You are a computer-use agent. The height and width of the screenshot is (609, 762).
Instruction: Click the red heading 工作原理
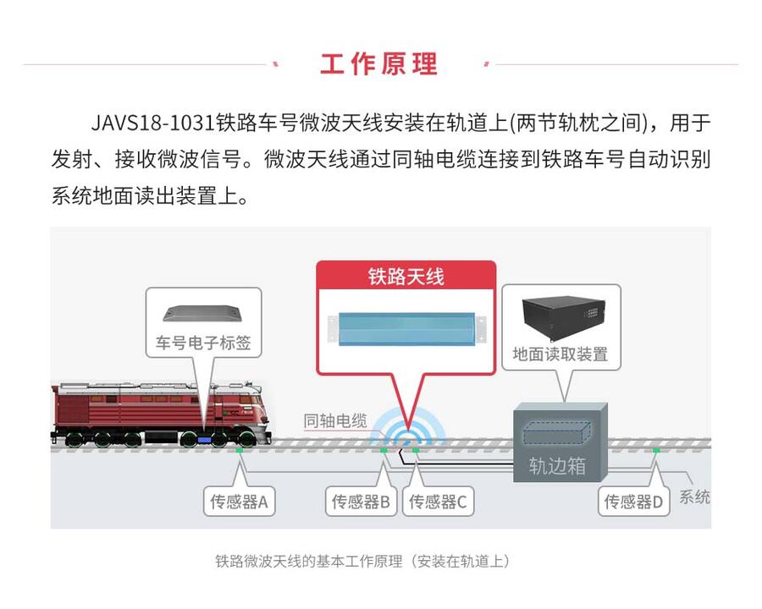[x=378, y=64]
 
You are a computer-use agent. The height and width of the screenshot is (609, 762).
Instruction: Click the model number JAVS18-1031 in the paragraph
[x=153, y=123]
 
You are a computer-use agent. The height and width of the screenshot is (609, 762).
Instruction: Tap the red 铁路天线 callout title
[x=406, y=277]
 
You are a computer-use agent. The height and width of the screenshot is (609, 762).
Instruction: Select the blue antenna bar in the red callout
[x=406, y=329]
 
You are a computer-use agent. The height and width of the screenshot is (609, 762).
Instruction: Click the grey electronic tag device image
[x=203, y=313]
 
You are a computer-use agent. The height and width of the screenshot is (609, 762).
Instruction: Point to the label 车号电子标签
[x=203, y=343]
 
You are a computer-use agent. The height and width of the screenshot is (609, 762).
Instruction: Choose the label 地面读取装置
[x=560, y=354]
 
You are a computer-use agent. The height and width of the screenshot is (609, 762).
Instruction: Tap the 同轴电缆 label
[x=335, y=420]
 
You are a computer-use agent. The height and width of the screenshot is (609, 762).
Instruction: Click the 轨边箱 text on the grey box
[x=557, y=465]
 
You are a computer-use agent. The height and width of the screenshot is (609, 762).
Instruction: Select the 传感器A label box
[x=239, y=502]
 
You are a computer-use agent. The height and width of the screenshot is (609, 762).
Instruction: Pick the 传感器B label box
[x=361, y=502]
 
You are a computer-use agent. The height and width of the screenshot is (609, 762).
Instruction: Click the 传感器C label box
[x=438, y=502]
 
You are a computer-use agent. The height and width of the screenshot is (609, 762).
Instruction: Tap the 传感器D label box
[x=633, y=502]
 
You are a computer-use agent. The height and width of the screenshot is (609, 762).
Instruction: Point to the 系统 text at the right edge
[x=694, y=497]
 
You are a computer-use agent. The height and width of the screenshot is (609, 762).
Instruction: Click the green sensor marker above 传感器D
[x=656, y=451]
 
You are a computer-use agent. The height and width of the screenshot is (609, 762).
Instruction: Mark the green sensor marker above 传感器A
[x=239, y=451]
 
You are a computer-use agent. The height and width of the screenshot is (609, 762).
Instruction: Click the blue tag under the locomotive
[x=204, y=440]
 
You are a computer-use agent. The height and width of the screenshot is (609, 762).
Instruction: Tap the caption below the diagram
[x=362, y=562]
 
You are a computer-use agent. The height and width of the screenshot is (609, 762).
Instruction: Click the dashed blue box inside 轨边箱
[x=557, y=433]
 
